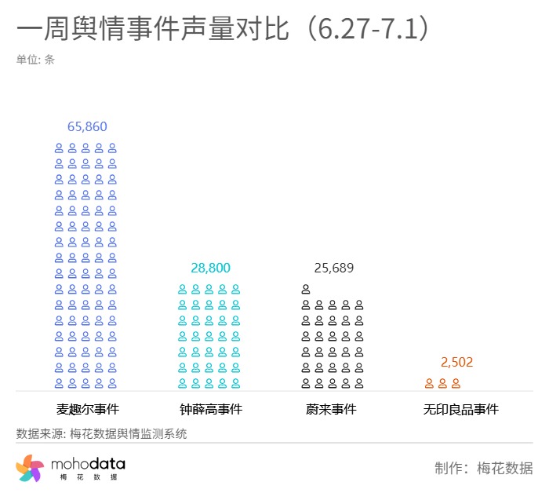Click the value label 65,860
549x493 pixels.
pos(87,126)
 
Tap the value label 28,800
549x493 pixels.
pos(210,268)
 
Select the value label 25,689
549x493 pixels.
pos(333,268)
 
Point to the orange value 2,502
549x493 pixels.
pos(456,362)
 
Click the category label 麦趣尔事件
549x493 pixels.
pos(87,409)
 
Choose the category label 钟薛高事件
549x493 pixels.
pos(210,409)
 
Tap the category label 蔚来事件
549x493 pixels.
pos(331,409)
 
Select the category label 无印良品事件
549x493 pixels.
pos(460,409)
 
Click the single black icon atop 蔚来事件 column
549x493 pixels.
pos(306,289)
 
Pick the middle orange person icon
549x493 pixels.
pos(442,383)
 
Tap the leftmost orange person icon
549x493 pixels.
pos(429,383)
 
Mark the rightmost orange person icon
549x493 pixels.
pos(456,383)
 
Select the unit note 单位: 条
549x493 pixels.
pos(35,59)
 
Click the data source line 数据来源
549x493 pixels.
pos(101,433)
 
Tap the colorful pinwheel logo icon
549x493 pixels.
pos(30,468)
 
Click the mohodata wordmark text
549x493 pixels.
pos(88,464)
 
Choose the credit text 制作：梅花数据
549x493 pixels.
pos(483,468)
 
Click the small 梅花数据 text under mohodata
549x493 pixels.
pos(88,477)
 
